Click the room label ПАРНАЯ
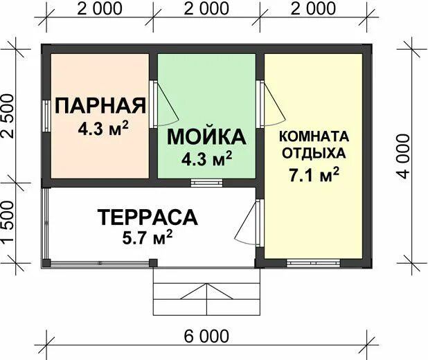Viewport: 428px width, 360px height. click(x=100, y=106)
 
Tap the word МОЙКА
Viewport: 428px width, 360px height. click(x=206, y=137)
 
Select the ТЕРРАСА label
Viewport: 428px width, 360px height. click(x=148, y=217)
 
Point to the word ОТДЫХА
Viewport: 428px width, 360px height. click(x=314, y=153)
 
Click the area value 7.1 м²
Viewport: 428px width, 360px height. click(x=314, y=175)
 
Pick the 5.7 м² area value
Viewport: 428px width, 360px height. click(x=148, y=237)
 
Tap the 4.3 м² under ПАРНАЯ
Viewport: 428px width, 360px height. click(x=103, y=128)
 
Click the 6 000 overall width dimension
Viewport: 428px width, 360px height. click(x=206, y=336)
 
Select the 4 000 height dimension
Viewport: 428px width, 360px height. click(x=404, y=156)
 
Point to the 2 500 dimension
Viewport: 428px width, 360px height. click(x=8, y=116)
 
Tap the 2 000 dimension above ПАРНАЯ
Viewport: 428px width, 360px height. click(x=100, y=9)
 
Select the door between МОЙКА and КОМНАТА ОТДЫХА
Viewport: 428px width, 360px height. click(x=271, y=104)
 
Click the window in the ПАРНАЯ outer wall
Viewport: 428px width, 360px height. click(x=47, y=116)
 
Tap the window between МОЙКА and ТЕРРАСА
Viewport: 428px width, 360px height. click(x=206, y=183)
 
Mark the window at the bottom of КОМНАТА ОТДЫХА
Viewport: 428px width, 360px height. click(x=313, y=263)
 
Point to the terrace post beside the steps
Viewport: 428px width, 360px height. click(x=153, y=263)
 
